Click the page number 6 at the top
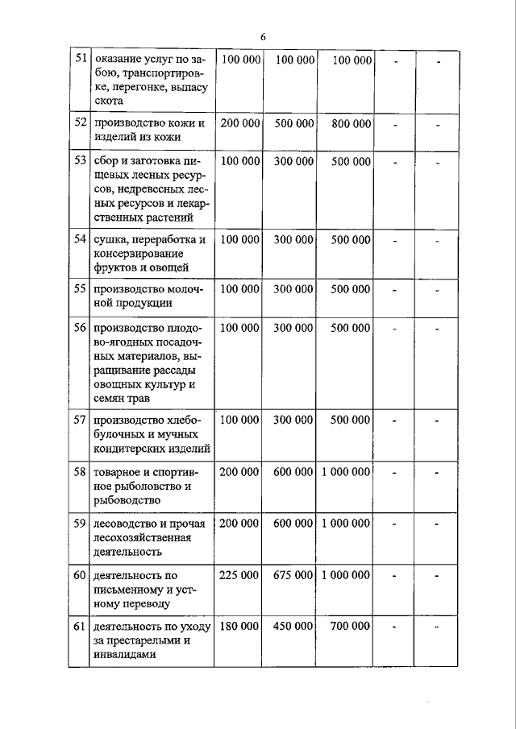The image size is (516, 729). pos(263,36)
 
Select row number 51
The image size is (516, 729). pos(80,60)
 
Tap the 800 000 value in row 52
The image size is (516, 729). pos(351,124)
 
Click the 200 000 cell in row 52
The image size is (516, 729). pos(239,124)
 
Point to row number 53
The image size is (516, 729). pos(80,161)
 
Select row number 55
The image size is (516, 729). pos(80,289)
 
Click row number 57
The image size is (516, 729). pos(80,420)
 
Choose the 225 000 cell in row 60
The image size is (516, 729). pos(239,575)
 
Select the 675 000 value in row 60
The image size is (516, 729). pos(293,575)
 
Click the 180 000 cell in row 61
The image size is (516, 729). pos(239,626)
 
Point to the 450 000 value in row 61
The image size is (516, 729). pos(293,626)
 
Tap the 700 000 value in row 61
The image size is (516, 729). pos(351,626)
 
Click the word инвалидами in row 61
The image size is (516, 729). pos(124,655)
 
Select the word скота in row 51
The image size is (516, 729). pos(109,102)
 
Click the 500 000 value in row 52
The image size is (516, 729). pos(293,124)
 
